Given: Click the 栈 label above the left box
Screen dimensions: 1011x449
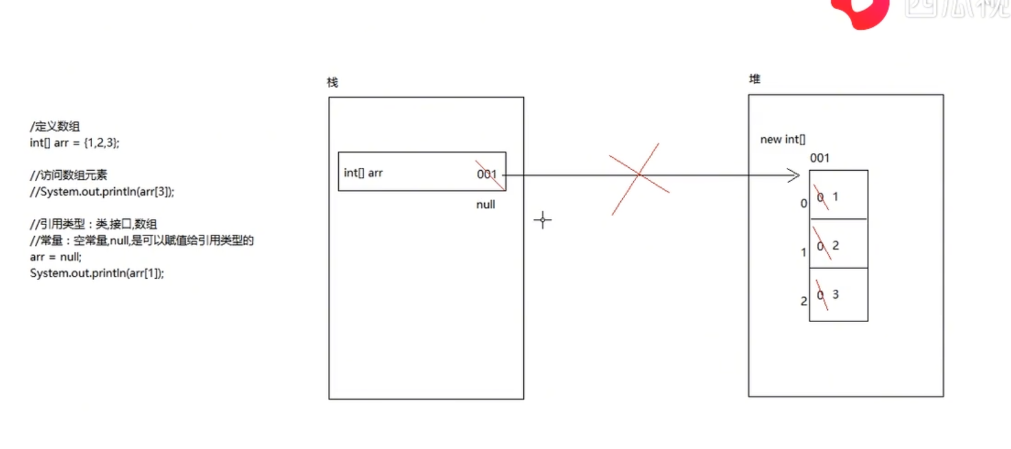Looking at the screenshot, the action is point(332,82).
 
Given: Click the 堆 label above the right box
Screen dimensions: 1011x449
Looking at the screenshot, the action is point(755,79).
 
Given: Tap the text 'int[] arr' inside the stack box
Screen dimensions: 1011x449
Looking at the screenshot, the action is point(363,173).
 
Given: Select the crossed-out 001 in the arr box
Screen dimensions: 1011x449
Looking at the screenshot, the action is point(487,174).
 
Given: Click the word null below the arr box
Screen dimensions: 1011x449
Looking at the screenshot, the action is point(485,205).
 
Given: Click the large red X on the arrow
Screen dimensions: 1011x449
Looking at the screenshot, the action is point(639,175).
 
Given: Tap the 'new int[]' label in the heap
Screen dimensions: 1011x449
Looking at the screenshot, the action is point(783,140).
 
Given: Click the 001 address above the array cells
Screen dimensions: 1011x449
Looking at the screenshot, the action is point(819,159).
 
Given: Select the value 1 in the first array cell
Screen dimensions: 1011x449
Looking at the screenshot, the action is point(836,197).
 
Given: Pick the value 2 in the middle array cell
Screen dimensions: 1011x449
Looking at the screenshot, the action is point(836,246).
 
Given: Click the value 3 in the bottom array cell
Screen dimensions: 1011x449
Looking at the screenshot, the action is point(836,295).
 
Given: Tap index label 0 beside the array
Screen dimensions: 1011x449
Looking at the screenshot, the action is point(803,204).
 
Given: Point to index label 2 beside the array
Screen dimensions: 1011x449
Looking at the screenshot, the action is point(803,301).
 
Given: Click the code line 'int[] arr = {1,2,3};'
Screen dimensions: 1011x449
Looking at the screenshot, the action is point(74,143).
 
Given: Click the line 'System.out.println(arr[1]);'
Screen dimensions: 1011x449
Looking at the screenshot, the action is point(96,273).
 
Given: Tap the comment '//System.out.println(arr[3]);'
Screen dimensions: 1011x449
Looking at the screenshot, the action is point(102,192).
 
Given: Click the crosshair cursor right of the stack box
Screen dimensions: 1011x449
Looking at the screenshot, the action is point(542,220).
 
